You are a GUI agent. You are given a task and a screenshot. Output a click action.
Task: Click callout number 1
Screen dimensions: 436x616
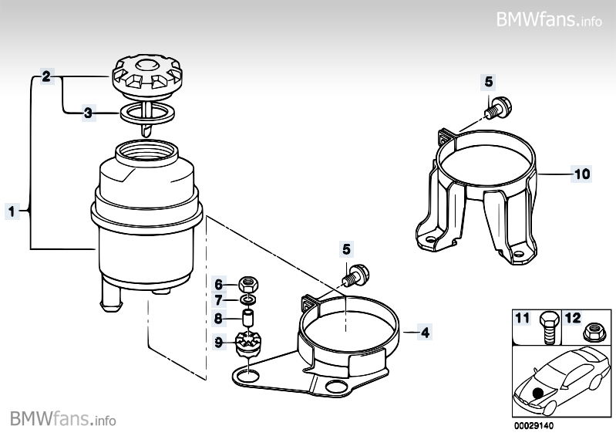(12, 210)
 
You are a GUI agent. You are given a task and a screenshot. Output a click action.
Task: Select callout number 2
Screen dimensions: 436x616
(46, 76)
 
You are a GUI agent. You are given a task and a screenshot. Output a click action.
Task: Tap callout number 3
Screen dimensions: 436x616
(89, 113)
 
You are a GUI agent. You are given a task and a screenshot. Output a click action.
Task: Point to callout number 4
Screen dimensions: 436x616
(425, 333)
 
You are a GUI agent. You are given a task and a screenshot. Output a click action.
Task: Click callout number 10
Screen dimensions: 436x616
(581, 174)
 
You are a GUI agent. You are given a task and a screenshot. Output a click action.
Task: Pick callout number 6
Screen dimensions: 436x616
(218, 283)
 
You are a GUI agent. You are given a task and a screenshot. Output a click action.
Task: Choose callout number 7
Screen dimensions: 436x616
(218, 299)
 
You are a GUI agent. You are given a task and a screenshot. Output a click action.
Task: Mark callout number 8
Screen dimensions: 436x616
(218, 317)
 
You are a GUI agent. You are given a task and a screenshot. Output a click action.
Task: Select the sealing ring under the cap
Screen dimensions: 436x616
(146, 113)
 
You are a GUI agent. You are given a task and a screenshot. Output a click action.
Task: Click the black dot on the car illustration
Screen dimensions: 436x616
(537, 391)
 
